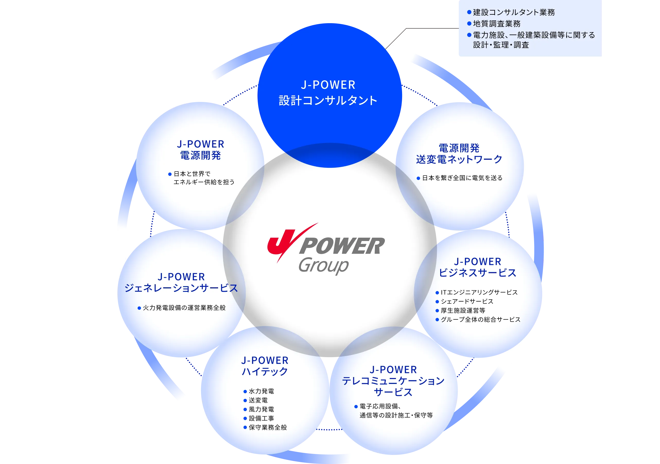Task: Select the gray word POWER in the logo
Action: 342,246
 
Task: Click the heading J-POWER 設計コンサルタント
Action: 328,93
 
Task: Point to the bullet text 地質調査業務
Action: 497,24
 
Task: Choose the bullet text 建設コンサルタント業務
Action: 514,12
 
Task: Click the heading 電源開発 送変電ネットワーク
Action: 459,153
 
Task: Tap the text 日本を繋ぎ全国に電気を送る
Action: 462,178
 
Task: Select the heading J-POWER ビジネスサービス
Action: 477,267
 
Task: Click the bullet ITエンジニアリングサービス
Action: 479,292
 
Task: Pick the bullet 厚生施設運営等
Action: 463,311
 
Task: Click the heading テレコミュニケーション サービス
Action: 393,386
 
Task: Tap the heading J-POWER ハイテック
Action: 265,366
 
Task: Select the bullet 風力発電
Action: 261,409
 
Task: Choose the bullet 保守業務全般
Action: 268,427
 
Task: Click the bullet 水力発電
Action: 261,391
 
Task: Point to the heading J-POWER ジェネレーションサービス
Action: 181,282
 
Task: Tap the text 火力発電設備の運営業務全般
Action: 184,308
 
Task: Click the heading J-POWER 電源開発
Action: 200,150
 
